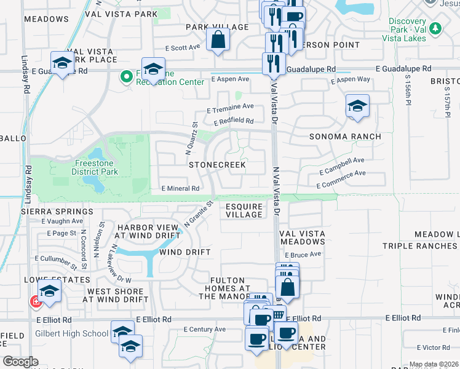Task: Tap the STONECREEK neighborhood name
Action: point(217,165)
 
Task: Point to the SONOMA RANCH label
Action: point(344,137)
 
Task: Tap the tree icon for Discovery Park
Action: point(435,28)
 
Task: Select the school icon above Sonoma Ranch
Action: point(357,106)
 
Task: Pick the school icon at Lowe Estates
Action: point(50,292)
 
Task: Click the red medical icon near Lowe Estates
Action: point(36,301)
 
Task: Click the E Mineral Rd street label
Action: point(180,188)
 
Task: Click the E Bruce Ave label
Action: point(305,254)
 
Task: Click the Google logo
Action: point(20,362)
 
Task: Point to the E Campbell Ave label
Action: point(342,163)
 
